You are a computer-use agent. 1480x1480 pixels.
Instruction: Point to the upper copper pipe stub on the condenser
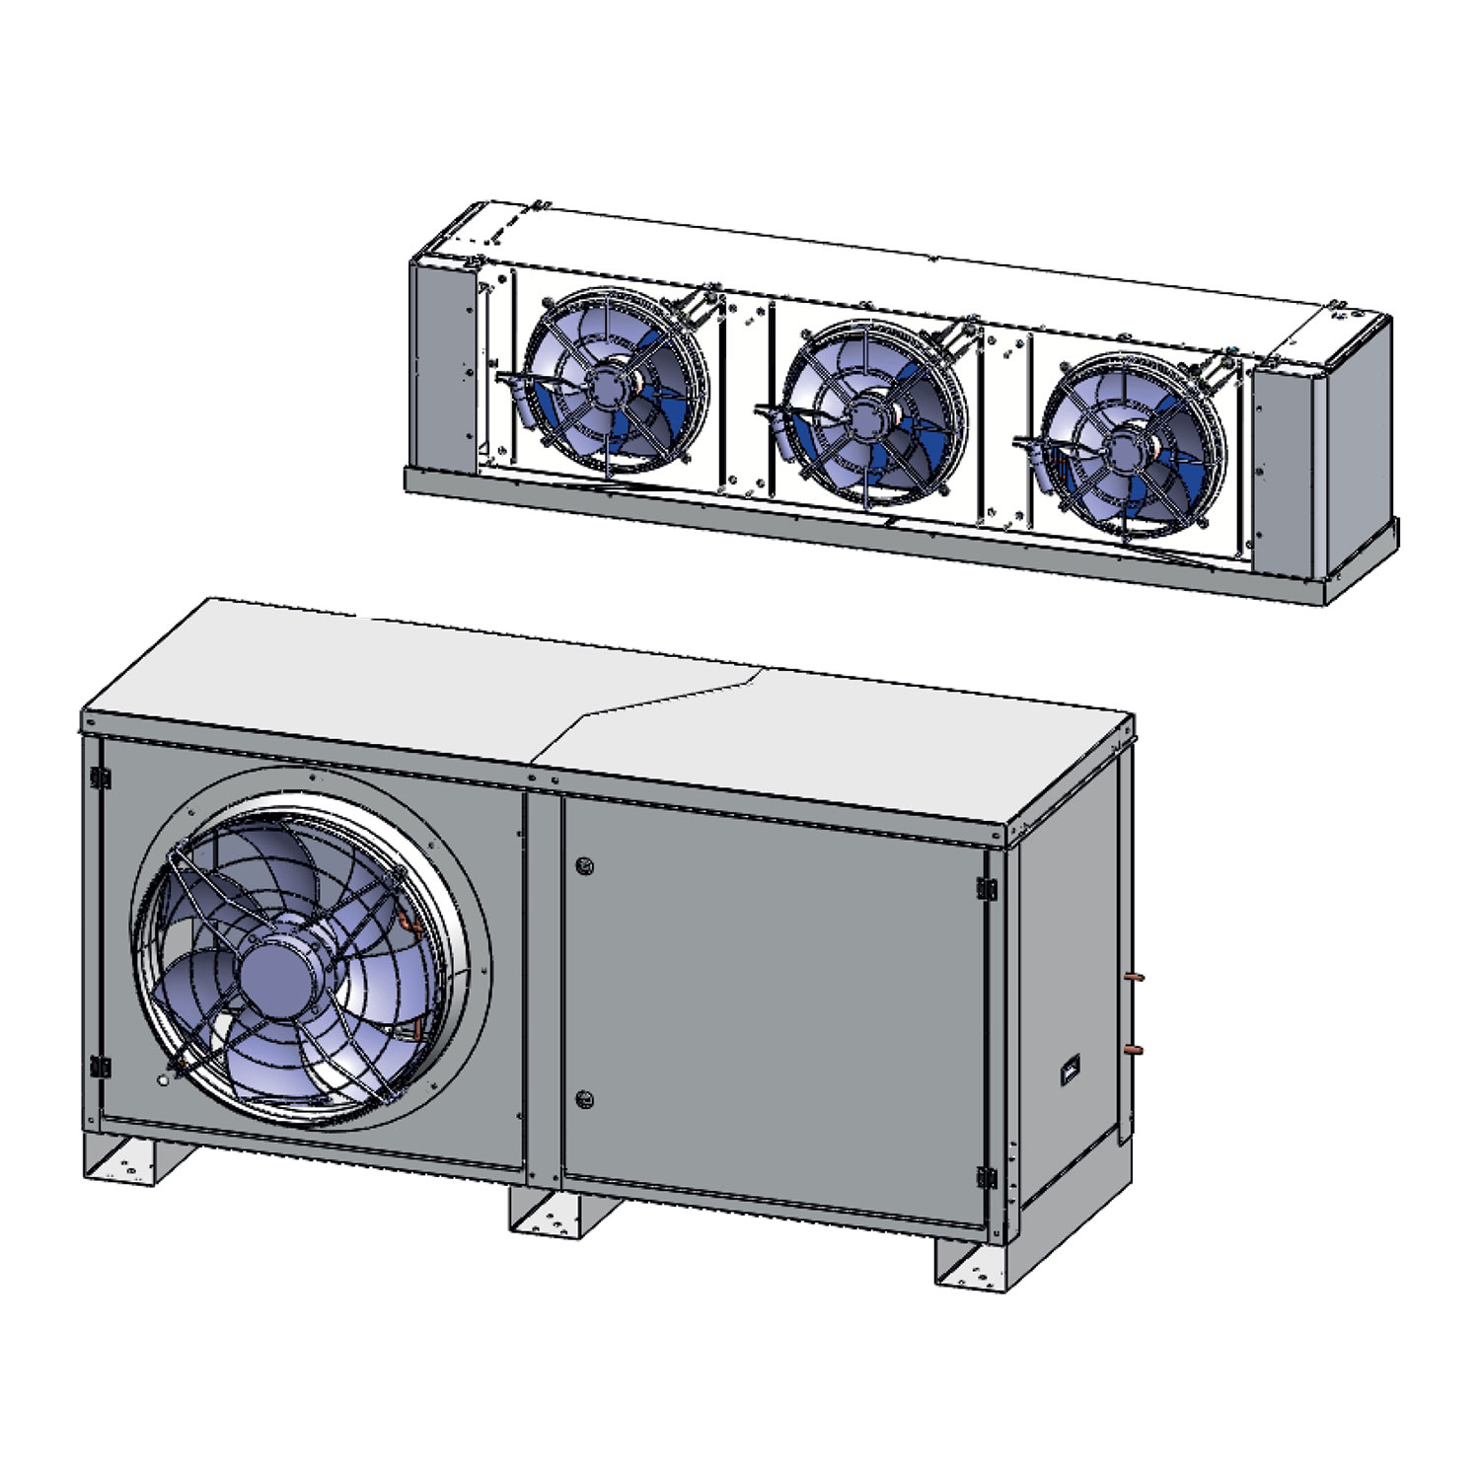tap(1135, 978)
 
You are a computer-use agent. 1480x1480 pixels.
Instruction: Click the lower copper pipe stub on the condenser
tap(1136, 1048)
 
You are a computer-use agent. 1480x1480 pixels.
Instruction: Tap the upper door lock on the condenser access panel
tap(583, 866)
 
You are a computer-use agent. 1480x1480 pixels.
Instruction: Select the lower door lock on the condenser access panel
tap(583, 1098)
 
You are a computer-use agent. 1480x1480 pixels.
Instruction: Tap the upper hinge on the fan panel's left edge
tap(98, 777)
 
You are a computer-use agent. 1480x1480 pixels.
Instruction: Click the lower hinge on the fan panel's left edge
tap(98, 1066)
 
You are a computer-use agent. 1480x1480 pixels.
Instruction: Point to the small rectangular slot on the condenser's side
tap(1069, 1071)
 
